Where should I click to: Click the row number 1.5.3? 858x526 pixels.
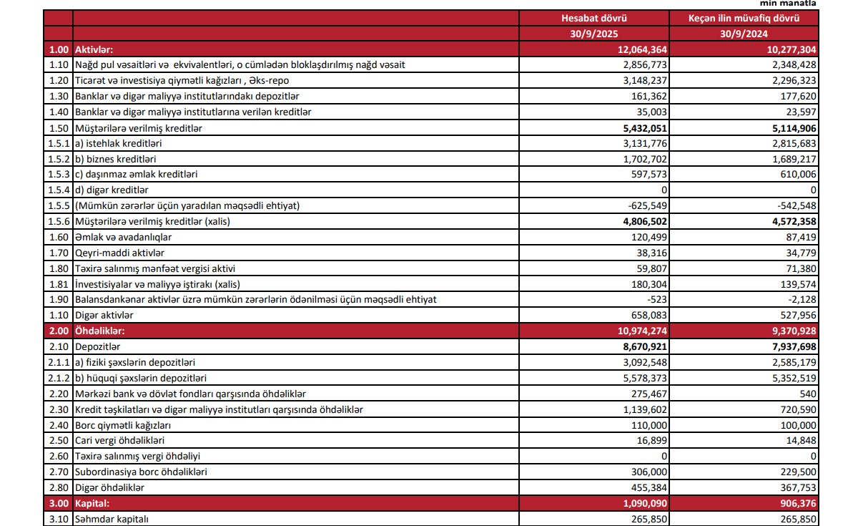pos(57,174)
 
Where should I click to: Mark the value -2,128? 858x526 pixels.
pos(801,299)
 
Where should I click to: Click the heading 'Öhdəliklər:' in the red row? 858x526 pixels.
pos(100,331)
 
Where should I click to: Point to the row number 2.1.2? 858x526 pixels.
pos(57,378)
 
